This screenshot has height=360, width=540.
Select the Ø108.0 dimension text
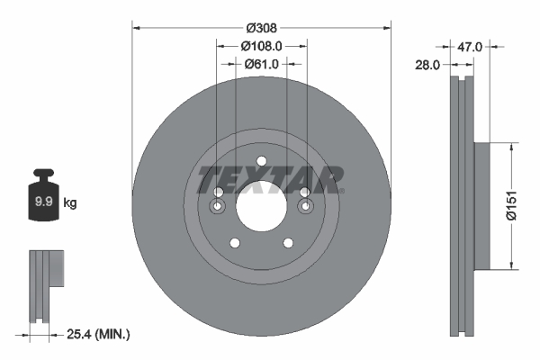pyautogui.click(x=261, y=45)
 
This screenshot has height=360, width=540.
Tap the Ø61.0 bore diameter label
pyautogui.click(x=261, y=64)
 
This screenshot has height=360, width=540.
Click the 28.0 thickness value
pyautogui.click(x=427, y=65)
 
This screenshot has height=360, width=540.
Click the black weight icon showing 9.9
pyautogui.click(x=42, y=200)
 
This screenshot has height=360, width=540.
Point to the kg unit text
pyautogui.click(x=70, y=204)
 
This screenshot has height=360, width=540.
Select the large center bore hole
pyautogui.click(x=261, y=206)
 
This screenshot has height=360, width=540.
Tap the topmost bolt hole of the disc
pyautogui.click(x=261, y=162)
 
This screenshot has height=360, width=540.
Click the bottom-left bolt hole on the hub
pyautogui.click(x=234, y=243)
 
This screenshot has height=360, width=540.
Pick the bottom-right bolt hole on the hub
pyautogui.click(x=288, y=243)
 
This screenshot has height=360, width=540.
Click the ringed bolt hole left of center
pyautogui.click(x=217, y=208)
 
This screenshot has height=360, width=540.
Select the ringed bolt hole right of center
pyautogui.click(x=304, y=208)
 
